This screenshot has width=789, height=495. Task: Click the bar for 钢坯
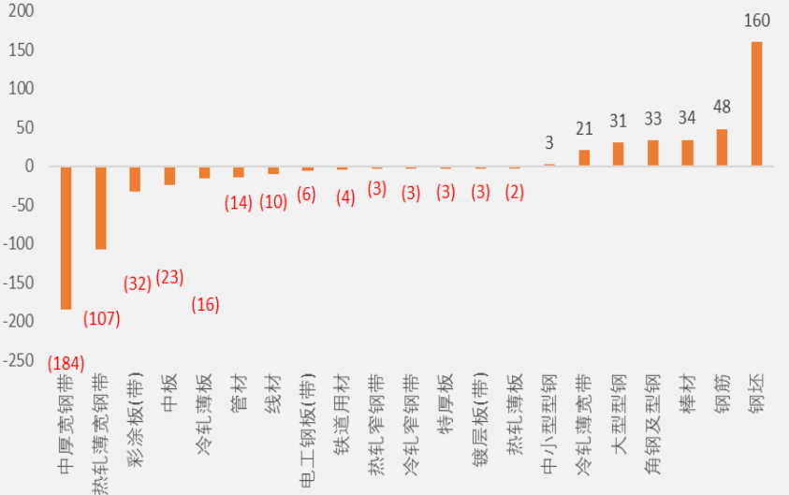756,104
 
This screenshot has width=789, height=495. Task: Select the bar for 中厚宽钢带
66,238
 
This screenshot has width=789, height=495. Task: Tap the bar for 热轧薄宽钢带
101,208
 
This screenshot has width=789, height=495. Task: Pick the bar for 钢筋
722,148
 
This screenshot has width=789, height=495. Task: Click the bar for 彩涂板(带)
135,179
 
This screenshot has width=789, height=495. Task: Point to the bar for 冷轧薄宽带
584,158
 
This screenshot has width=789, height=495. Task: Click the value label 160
757,21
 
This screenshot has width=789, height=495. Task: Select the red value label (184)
66,363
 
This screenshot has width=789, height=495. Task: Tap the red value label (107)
102,318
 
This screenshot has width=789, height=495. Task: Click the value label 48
722,107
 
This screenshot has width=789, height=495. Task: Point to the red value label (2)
514,192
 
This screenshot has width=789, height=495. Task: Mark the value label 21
584,129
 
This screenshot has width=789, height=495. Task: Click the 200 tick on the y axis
22,10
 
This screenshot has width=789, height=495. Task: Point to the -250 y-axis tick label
18,360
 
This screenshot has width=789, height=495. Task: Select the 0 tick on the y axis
30,166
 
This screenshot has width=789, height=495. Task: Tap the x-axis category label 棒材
687,392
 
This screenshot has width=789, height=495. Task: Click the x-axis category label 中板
169,392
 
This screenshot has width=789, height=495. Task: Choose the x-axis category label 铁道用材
343,414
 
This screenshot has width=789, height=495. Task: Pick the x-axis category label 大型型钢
619,414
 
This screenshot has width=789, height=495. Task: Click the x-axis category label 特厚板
446,403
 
